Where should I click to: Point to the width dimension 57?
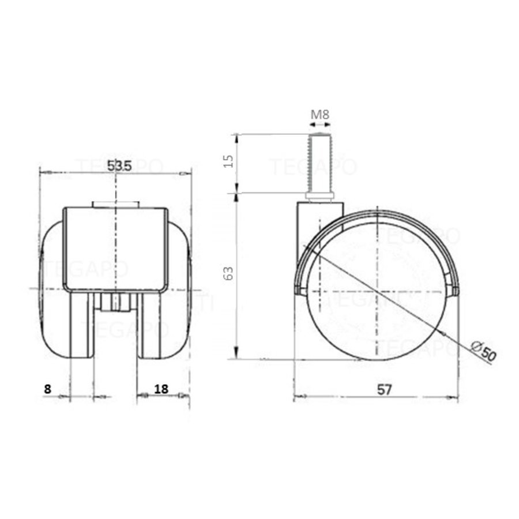[x=385, y=389]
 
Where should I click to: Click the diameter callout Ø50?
[x=483, y=351]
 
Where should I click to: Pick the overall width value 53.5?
[x=120, y=166]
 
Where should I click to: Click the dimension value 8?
[x=47, y=389]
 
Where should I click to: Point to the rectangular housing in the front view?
[x=115, y=248]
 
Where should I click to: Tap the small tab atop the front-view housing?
[x=115, y=204]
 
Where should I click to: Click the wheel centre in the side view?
[x=376, y=288]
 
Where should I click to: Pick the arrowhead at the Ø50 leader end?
[x=444, y=335]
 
